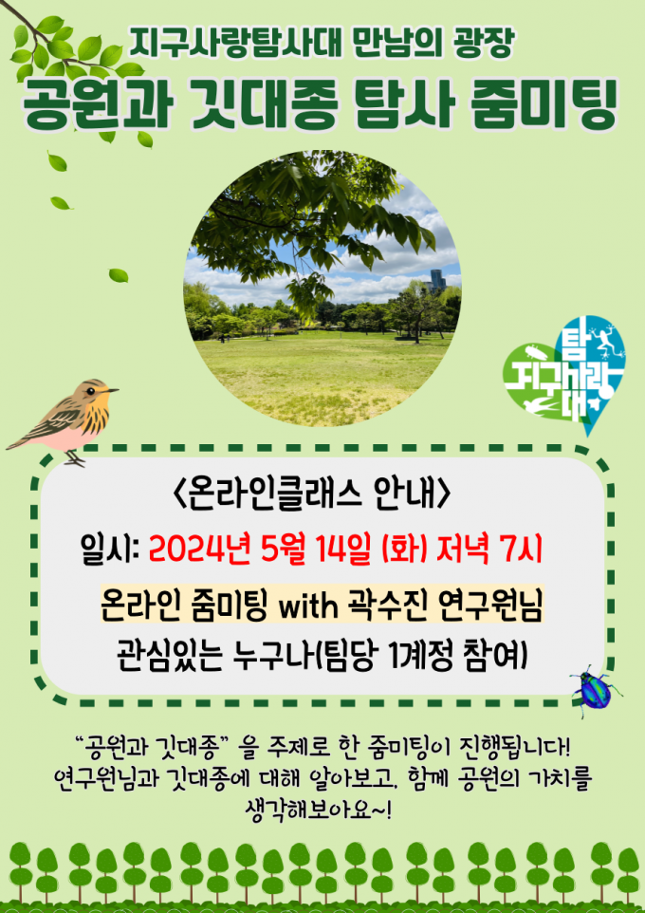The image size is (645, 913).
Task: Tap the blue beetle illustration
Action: [x=595, y=691]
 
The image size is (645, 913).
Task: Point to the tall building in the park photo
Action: [x=436, y=281]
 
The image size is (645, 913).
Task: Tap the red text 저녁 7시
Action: [x=489, y=550]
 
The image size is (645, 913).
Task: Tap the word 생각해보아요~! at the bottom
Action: [x=320, y=809]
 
